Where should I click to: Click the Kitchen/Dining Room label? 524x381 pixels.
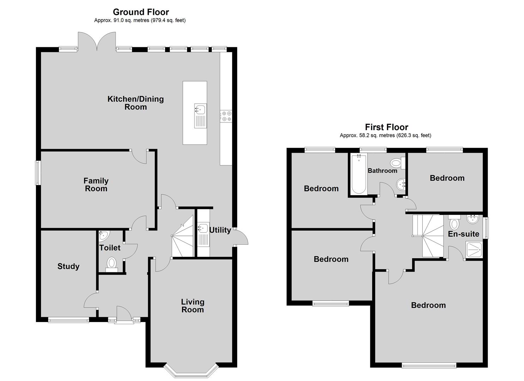coord(135,103)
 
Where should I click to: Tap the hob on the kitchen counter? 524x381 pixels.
coord(226,116)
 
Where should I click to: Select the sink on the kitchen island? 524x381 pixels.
coord(200,109)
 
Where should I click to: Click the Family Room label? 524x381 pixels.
coord(96,185)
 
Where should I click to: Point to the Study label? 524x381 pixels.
coord(68,266)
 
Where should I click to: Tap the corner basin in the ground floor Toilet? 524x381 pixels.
coord(104,235)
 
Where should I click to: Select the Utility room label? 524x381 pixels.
coord(220,230)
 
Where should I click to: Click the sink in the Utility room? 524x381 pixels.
coord(203,228)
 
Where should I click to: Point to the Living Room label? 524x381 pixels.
coord(193,306)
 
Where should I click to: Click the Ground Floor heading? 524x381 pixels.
coord(141,12)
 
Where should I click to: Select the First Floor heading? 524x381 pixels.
coord(386,127)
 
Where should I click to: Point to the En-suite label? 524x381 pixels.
coord(464,234)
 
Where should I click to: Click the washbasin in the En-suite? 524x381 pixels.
coord(471,220)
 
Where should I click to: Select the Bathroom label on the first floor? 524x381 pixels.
coord(383,171)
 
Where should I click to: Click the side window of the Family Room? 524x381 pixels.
coord(37,173)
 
